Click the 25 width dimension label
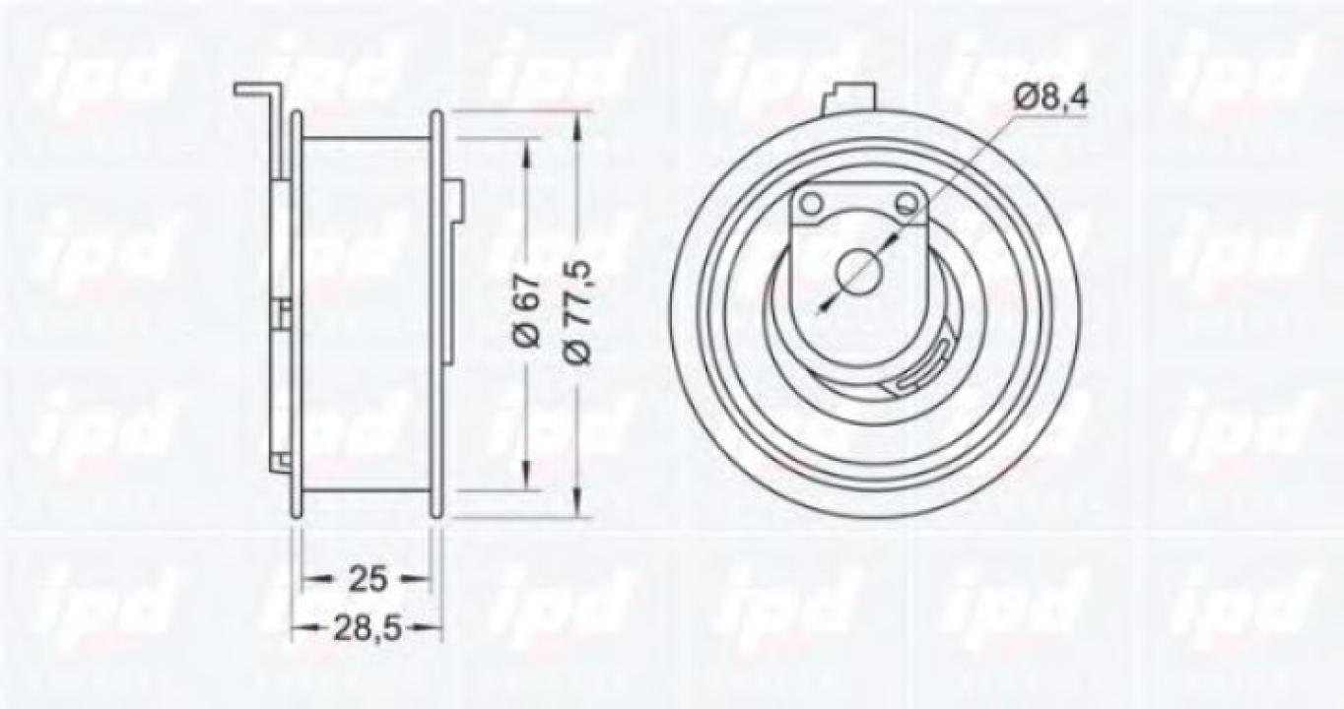367,579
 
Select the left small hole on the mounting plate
811,204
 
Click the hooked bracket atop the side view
259,93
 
